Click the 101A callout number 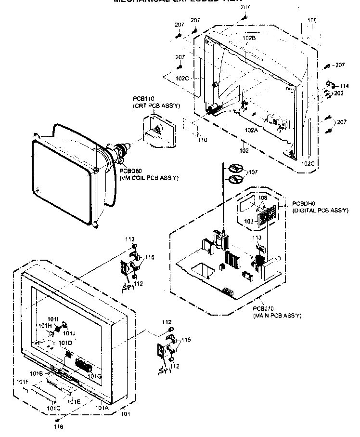tap(102, 407)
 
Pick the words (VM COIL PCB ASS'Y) tap(149, 178)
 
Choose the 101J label tap(68, 333)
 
